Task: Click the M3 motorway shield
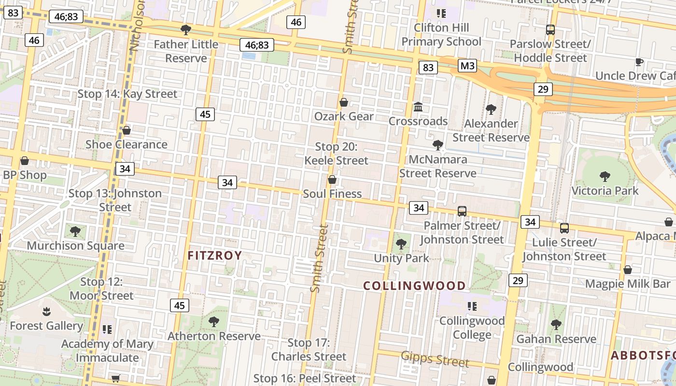tap(467, 66)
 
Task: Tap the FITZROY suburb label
tap(214, 256)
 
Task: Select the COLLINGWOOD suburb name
tap(414, 286)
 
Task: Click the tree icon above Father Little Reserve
tap(185, 30)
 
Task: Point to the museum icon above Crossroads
tap(418, 106)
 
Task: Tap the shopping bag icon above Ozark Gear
tap(344, 102)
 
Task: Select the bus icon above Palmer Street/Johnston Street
tap(462, 211)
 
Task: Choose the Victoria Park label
tap(605, 191)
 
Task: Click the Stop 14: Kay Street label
tap(127, 94)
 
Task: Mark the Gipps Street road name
tap(435, 359)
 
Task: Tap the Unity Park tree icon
tap(401, 244)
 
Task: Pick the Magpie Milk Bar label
tap(628, 284)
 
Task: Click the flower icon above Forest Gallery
tap(46, 311)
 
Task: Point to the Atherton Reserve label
tap(214, 336)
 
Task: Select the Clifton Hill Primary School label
tap(441, 34)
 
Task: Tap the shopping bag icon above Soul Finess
tap(332, 180)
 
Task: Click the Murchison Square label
tap(75, 245)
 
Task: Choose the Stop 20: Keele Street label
tap(336, 153)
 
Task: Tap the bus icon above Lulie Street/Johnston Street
tap(564, 228)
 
